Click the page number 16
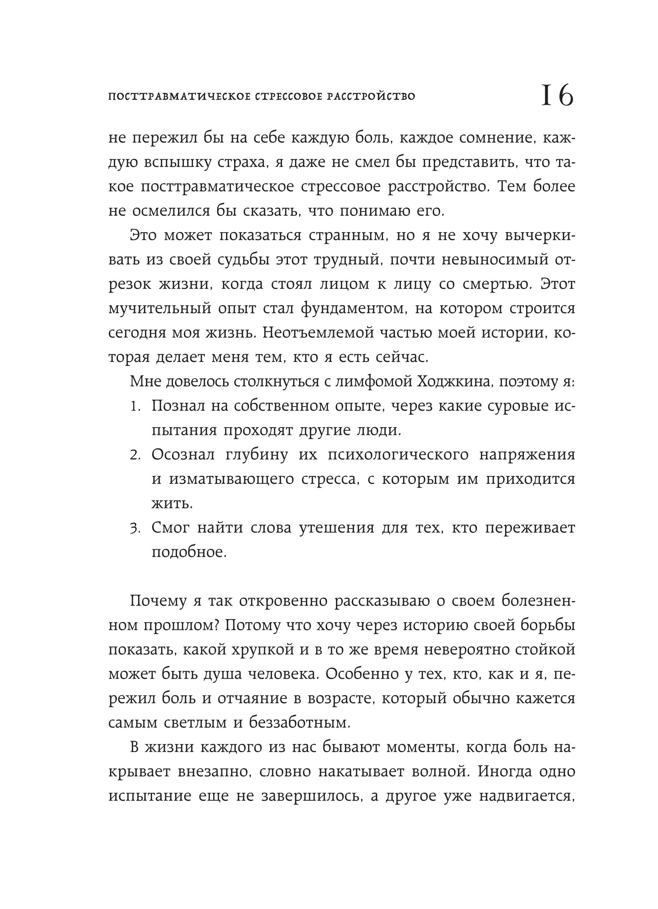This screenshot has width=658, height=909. [557, 96]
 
